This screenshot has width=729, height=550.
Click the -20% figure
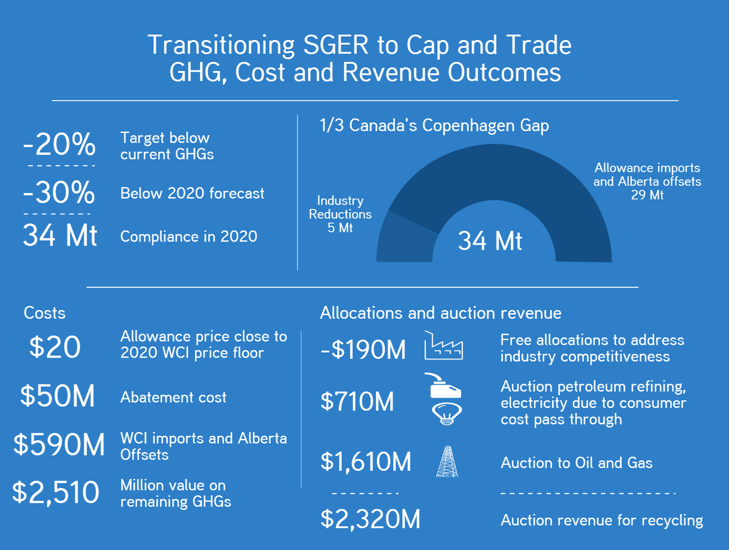[59, 146]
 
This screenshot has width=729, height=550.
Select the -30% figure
[59, 193]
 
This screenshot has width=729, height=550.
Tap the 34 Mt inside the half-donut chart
[490, 241]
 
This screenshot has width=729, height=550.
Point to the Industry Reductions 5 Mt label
[340, 214]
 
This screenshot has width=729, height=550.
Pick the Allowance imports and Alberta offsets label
[647, 182]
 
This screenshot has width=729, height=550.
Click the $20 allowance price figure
[55, 347]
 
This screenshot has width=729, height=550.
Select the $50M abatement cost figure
[57, 396]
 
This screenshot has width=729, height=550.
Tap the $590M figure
[59, 445]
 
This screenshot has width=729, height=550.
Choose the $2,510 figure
[56, 492]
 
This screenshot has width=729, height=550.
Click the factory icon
[443, 346]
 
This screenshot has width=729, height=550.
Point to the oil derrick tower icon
[447, 462]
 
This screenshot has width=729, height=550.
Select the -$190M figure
[363, 350]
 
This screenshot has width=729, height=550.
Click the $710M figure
[357, 401]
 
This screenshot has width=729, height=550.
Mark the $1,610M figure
[366, 463]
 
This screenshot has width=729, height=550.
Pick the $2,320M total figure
[370, 520]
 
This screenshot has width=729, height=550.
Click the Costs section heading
[44, 313]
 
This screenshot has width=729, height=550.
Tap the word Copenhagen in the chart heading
[467, 126]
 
